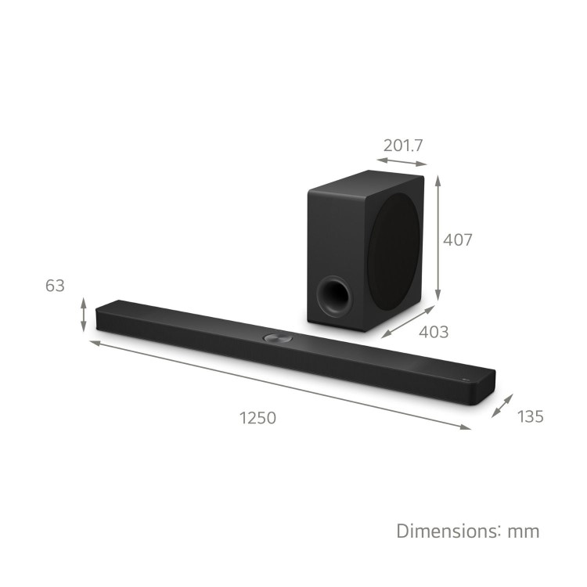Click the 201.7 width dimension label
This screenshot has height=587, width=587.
point(403,146)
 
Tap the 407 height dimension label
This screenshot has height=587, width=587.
point(457,240)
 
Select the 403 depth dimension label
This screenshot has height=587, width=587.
point(434,332)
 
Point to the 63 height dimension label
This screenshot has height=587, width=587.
point(55,286)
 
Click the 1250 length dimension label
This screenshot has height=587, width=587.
point(257,418)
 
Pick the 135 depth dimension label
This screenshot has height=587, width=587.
point(530,416)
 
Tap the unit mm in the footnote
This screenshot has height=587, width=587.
point(524,532)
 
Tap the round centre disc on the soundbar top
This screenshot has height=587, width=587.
point(277,338)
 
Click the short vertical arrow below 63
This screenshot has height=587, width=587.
point(84,314)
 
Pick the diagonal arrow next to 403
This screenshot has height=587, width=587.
point(409,321)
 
